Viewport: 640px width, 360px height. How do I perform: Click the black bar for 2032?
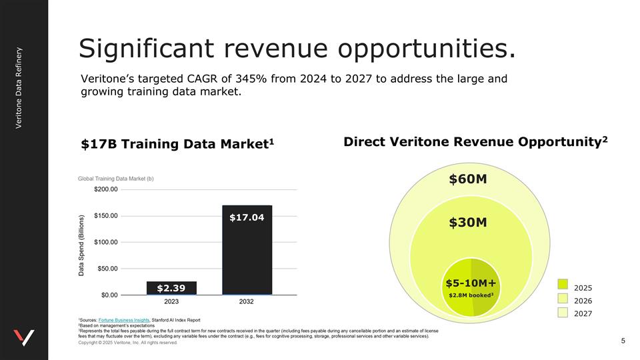tap(247, 250)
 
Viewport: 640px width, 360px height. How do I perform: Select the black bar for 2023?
tap(171, 287)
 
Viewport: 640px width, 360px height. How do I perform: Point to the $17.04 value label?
tap(247, 217)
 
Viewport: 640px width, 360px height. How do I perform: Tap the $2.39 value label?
tap(171, 288)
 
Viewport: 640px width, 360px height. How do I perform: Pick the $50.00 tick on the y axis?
tap(106, 269)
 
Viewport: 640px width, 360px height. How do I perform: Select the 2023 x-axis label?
tap(171, 301)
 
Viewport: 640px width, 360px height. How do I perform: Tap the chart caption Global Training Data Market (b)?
tap(121, 178)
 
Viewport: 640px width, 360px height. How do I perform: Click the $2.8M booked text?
tap(471, 295)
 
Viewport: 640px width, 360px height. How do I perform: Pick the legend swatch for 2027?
tap(563, 312)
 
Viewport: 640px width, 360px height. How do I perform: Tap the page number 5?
tap(623, 341)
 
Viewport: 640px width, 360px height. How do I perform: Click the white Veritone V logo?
tap(23, 337)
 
